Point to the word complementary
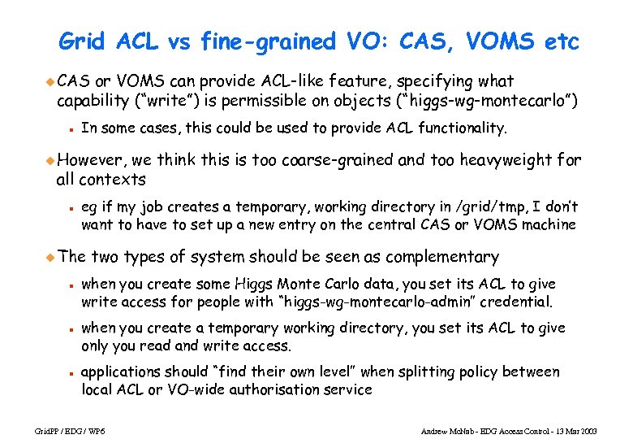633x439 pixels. click(442, 257)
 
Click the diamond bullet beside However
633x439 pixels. click(50, 160)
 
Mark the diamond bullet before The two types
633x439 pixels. click(50, 257)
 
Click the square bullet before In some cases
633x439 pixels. click(71, 128)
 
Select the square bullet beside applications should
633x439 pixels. click(71, 372)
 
